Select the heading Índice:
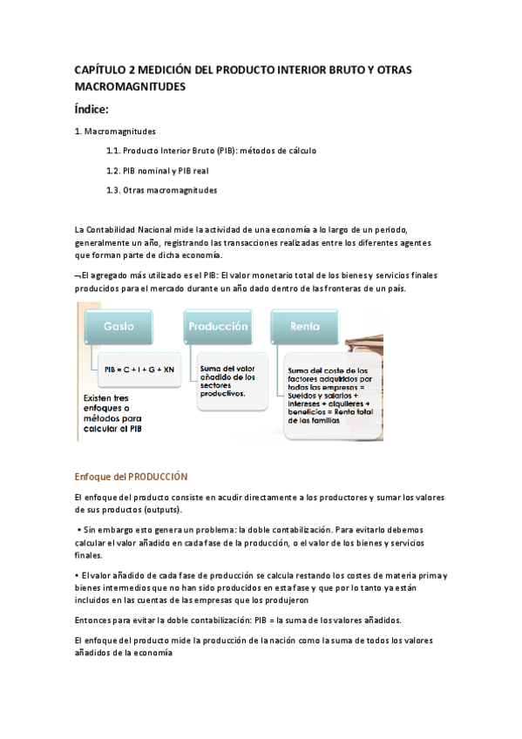[92, 109]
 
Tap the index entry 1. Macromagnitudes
[116, 132]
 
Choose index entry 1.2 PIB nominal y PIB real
[157, 171]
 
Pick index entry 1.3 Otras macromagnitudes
[162, 190]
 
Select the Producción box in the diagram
[217, 326]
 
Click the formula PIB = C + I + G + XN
[139, 369]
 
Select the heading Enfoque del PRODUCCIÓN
[131, 477]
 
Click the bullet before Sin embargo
[79, 530]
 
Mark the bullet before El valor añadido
[78, 575]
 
